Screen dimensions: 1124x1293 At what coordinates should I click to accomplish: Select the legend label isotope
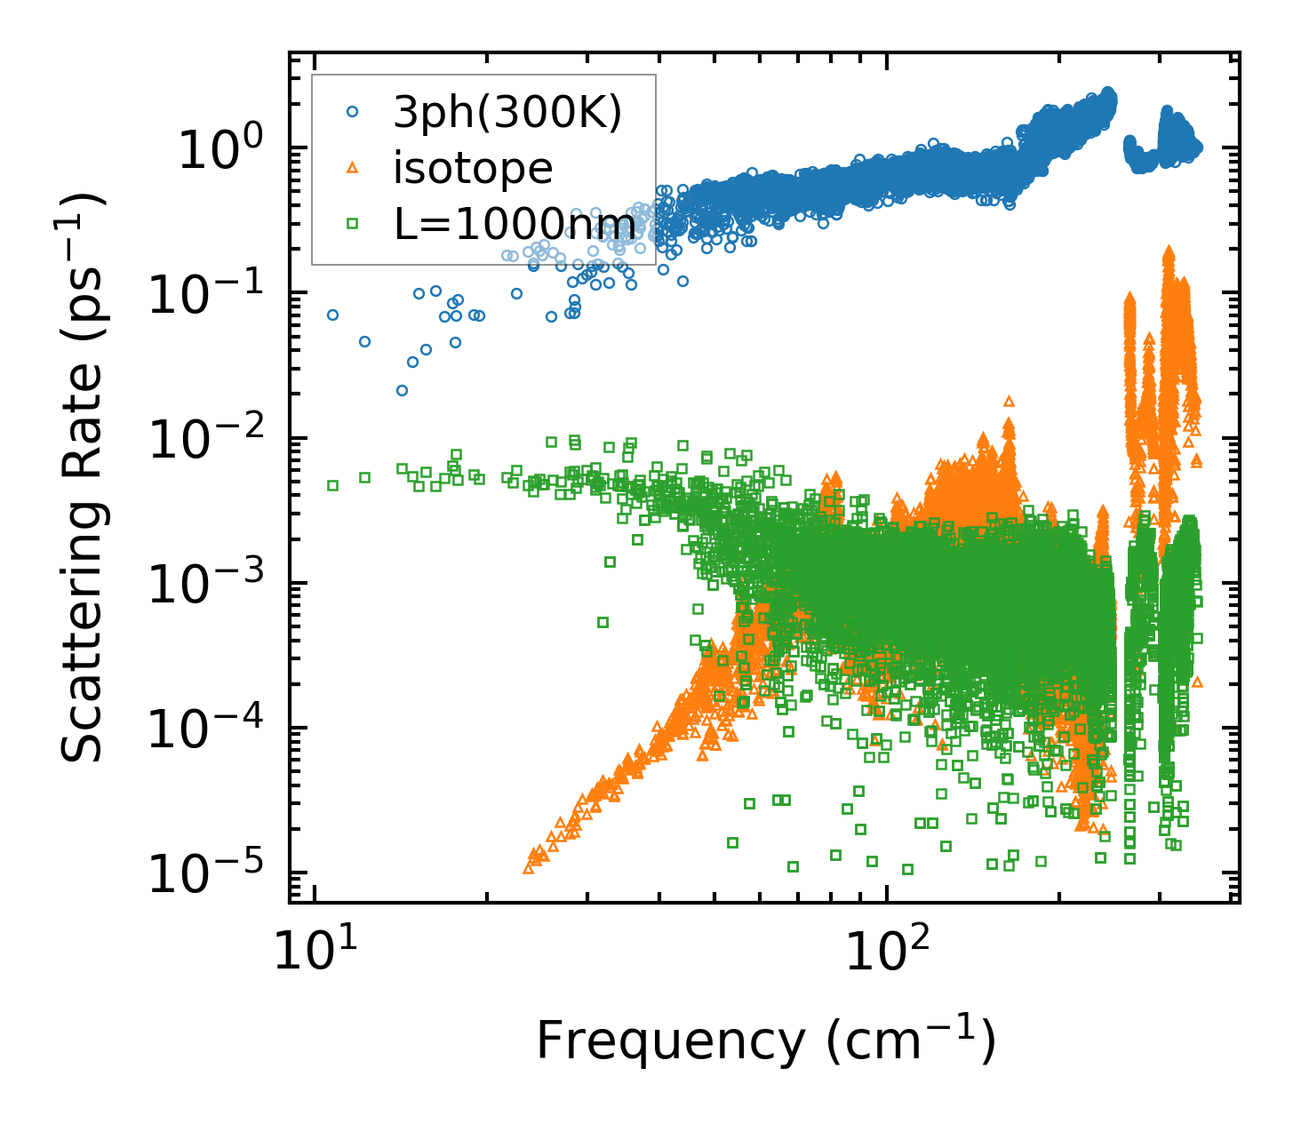point(473,168)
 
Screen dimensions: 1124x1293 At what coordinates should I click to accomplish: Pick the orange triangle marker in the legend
point(352,168)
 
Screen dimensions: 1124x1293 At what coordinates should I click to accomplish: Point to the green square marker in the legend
point(352,224)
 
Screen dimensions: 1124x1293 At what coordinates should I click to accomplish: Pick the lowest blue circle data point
point(402,390)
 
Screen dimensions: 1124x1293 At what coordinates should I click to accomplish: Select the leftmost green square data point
point(332,485)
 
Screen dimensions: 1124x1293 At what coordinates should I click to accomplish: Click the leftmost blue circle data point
point(332,315)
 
